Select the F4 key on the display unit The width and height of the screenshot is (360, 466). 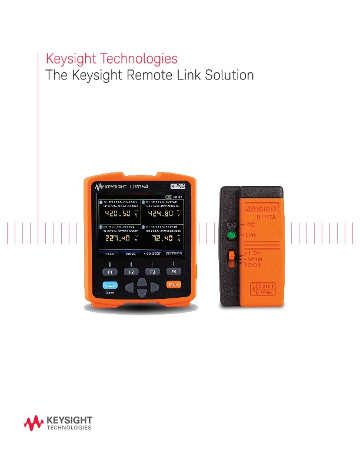point(173,271)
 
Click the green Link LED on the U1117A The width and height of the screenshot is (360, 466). point(232,236)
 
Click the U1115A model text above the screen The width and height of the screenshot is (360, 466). point(139,185)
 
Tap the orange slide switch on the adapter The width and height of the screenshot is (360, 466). point(232,257)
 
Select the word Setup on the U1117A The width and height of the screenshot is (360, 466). point(255,259)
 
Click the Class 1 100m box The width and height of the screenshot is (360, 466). point(266,289)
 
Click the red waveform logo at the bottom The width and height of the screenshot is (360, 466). point(33,422)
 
